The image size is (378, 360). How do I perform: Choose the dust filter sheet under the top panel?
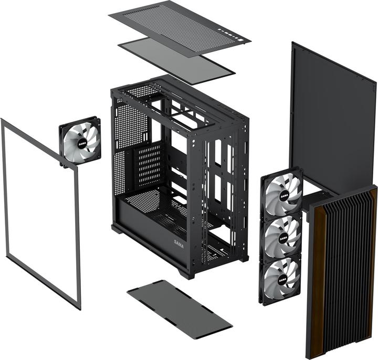[x=176, y=60]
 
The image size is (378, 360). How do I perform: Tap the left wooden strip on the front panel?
[x=317, y=278]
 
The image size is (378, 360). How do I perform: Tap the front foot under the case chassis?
[x=186, y=273]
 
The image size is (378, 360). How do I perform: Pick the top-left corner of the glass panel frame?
[x=3, y=121]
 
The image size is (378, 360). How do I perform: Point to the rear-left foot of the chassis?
[x=117, y=229]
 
